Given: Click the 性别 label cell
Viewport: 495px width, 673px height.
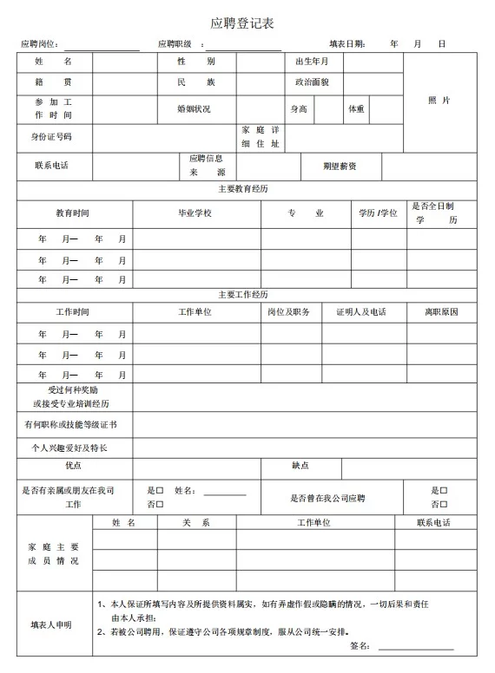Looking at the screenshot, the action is pyautogui.click(x=196, y=62).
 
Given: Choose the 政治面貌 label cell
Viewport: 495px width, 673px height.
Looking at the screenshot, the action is pyautogui.click(x=312, y=83).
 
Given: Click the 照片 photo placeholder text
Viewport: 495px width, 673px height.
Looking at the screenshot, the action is pyautogui.click(x=439, y=101).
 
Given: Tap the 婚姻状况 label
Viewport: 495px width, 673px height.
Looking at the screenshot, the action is pyautogui.click(x=195, y=109).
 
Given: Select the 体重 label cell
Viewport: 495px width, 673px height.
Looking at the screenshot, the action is pyautogui.click(x=356, y=109).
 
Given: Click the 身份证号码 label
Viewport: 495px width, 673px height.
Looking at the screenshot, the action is pyautogui.click(x=52, y=137).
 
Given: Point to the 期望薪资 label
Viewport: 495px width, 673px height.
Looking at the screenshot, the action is pyautogui.click(x=340, y=166).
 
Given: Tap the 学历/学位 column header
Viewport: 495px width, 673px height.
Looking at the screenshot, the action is pyautogui.click(x=378, y=213).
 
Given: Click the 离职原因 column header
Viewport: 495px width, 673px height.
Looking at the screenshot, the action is pyautogui.click(x=440, y=312).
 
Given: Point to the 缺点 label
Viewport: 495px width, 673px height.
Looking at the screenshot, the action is pyautogui.click(x=300, y=467).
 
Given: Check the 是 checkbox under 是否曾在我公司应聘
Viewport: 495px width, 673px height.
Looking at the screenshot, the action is pyautogui.click(x=444, y=491).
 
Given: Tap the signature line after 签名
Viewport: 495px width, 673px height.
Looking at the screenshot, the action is pyautogui.click(x=415, y=647).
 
